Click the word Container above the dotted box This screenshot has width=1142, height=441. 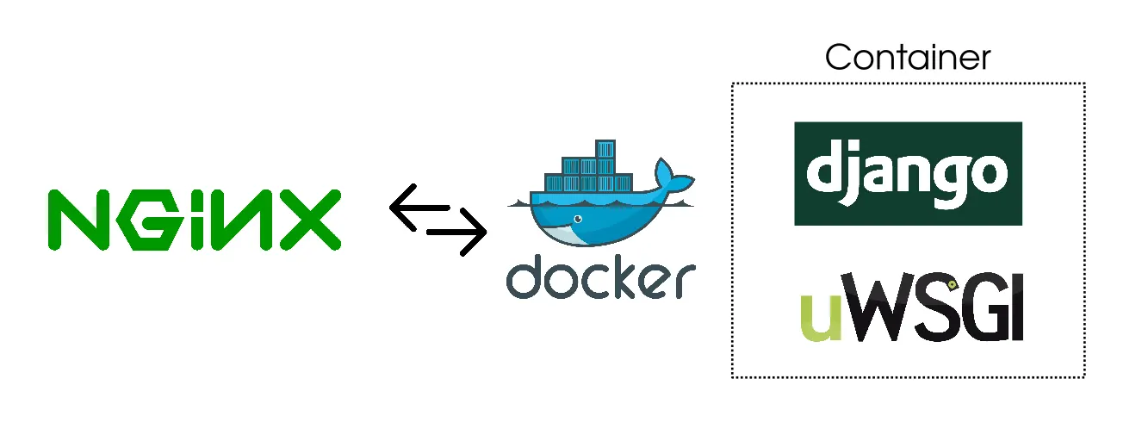[x=908, y=58]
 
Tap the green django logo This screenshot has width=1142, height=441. [x=908, y=173]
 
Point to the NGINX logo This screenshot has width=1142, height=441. [x=194, y=220]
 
